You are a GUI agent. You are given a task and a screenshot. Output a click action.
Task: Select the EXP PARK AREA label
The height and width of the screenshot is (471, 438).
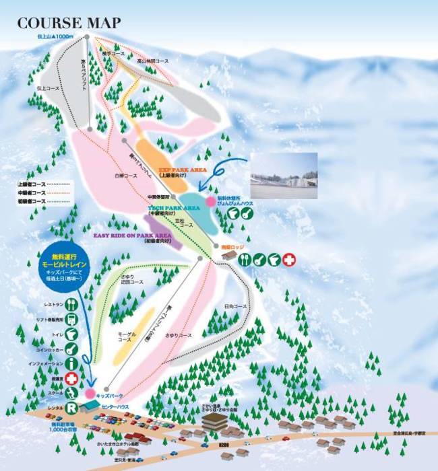point(182,170)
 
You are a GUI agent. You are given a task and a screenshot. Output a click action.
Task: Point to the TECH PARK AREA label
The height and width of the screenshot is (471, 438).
point(174,209)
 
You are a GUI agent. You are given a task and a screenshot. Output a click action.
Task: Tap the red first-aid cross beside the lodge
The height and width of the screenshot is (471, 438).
point(288,259)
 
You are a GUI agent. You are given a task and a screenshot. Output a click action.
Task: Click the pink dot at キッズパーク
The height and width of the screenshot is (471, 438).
point(89,393)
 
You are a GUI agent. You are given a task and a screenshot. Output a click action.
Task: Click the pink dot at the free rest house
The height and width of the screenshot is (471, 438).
point(211,201)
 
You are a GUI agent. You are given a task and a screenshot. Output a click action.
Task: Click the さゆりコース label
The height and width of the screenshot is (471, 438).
point(181,334)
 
